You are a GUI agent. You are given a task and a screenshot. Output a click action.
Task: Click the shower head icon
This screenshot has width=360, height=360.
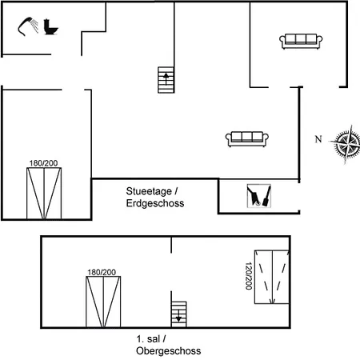[28, 26]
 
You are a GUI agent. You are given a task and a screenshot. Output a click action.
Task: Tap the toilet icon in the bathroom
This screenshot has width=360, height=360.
[50, 26]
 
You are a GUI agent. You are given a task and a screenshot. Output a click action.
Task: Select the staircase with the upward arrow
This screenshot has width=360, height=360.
[166, 80]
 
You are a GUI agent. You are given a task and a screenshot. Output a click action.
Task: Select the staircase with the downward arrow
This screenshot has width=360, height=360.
[178, 314]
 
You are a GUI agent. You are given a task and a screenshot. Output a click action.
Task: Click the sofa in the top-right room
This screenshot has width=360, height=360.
[301, 42]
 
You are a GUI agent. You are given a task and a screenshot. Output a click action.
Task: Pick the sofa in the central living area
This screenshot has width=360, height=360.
[247, 139]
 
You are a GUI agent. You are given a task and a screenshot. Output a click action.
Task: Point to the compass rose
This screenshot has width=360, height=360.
[346, 144]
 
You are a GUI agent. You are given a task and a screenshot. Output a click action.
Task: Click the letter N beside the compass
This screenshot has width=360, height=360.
[318, 139]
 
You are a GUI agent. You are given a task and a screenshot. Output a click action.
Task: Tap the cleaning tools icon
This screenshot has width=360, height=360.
[259, 196]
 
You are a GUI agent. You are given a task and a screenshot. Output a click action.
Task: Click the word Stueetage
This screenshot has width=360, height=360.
[149, 191]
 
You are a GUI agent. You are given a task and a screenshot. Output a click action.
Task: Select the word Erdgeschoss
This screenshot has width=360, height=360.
[155, 203]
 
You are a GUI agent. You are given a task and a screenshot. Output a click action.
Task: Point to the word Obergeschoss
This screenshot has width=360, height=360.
[169, 350]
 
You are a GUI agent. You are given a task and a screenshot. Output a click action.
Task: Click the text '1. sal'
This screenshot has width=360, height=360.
[148, 339]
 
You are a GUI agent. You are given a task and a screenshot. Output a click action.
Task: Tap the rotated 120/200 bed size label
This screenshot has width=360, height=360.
[249, 276]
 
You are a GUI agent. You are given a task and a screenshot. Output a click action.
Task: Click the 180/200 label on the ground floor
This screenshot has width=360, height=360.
[43, 163]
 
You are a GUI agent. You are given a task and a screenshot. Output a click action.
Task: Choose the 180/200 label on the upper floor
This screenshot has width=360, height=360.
[102, 272]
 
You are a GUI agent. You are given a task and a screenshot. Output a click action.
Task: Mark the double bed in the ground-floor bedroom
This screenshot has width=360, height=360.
[44, 194]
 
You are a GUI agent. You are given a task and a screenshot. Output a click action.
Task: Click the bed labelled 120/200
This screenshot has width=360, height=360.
[272, 277]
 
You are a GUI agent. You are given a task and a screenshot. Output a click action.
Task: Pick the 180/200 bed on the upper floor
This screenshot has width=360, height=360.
[103, 302]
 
